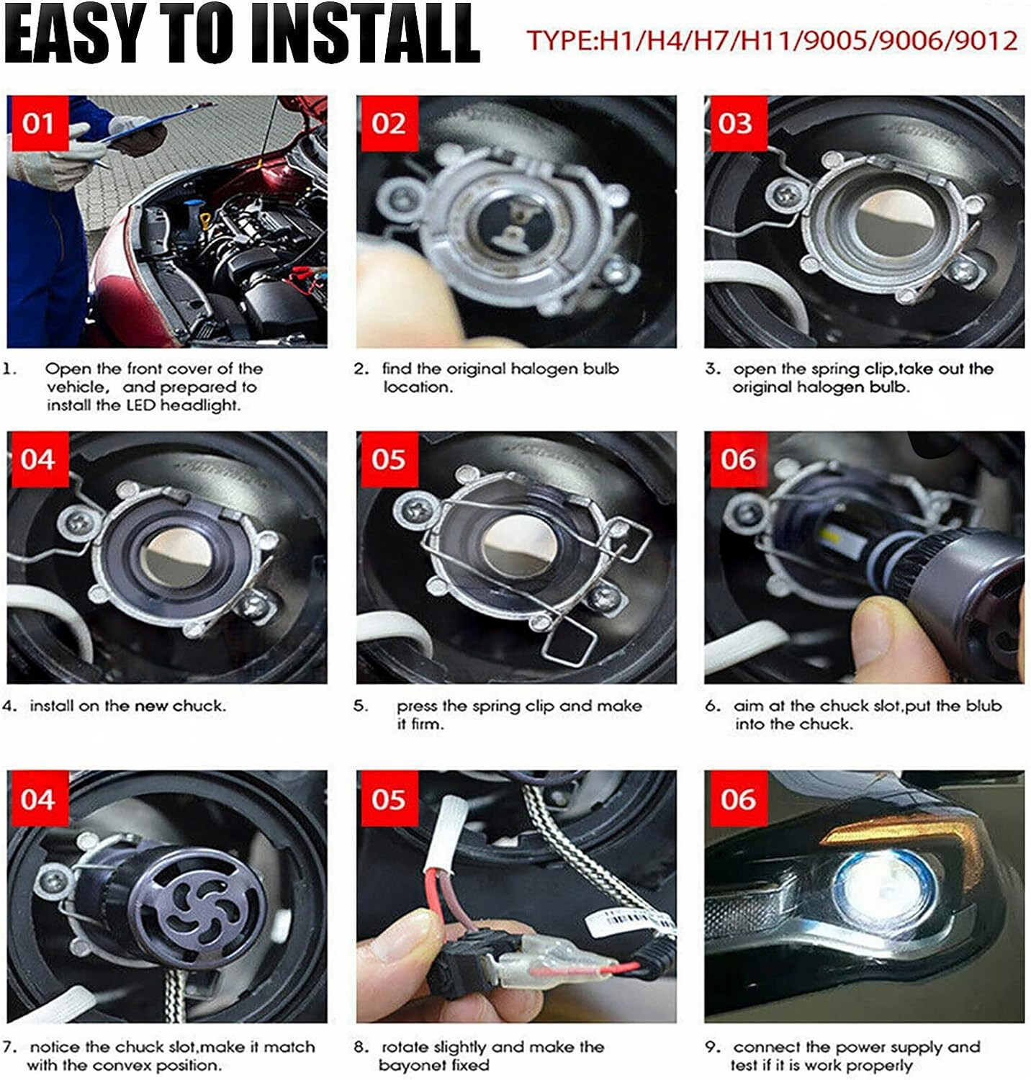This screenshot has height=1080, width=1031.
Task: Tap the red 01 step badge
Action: point(38,124)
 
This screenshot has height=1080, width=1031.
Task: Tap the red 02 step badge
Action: point(388,124)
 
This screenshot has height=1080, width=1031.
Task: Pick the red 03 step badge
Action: point(735,124)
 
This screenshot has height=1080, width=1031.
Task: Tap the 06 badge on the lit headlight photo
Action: point(738,799)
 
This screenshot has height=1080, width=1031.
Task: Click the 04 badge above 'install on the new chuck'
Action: point(38,459)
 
